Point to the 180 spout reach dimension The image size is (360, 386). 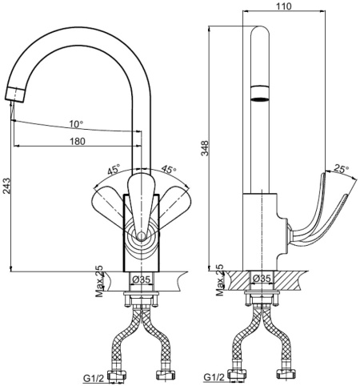point(77,141)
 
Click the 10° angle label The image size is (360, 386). point(75,124)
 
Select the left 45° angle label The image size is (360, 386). point(114,171)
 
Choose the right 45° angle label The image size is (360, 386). point(168,170)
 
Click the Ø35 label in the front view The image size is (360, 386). point(141,280)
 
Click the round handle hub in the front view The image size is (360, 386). point(141,235)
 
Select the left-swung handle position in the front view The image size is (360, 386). point(110,201)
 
